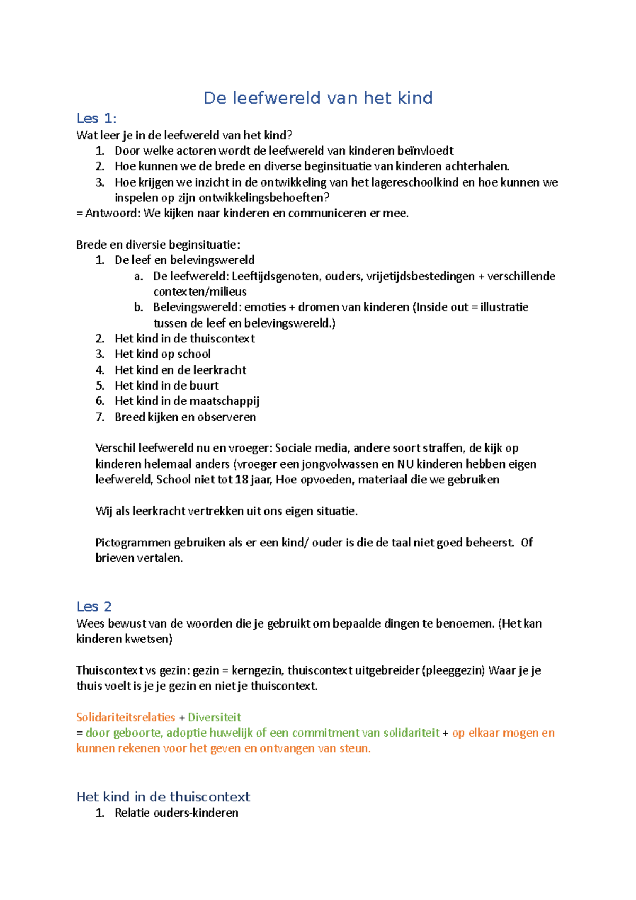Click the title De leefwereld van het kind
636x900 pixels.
[318, 98]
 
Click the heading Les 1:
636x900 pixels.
[96, 118]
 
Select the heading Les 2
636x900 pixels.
[94, 606]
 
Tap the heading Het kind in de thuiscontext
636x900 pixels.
[163, 797]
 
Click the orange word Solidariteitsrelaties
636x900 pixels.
[126, 717]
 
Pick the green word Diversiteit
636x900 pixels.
[214, 717]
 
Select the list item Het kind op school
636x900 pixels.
[162, 354]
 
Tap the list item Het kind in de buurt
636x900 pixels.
[166, 385]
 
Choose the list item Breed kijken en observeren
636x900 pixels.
[185, 417]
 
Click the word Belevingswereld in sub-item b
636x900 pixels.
[196, 307]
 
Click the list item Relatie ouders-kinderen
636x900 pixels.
[176, 813]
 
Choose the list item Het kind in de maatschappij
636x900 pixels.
[187, 401]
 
